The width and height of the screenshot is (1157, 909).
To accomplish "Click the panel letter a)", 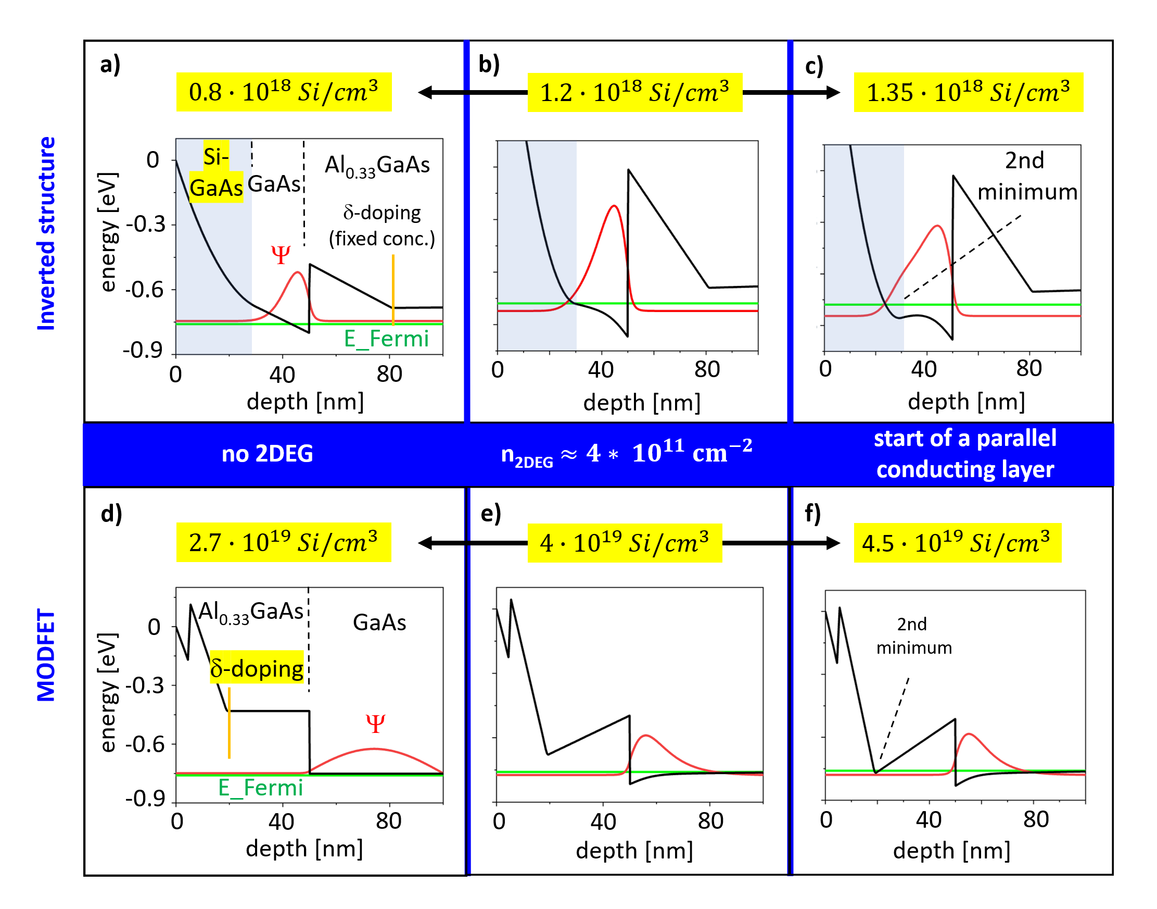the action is (110, 65).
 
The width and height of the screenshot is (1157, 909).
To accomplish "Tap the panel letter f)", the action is (812, 514).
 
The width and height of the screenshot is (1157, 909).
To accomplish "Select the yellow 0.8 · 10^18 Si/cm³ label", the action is (284, 92).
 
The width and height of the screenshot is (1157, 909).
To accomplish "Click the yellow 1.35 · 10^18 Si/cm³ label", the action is (968, 92).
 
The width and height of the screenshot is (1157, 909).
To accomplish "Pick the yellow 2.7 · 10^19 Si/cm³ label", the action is (284, 542).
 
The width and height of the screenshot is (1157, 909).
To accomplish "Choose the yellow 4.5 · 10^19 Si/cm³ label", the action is (957, 543).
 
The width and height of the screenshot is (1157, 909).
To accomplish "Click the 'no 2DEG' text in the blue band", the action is (267, 453).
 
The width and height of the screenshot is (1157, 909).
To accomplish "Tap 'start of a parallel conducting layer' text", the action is (965, 453).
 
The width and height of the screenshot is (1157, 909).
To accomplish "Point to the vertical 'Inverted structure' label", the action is (46, 233).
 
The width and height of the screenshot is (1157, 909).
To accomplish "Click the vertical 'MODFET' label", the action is (46, 655).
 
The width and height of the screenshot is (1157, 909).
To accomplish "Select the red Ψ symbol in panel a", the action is (281, 255).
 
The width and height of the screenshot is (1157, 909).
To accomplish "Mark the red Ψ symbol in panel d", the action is (375, 723).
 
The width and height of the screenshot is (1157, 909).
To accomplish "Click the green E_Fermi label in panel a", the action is (387, 339).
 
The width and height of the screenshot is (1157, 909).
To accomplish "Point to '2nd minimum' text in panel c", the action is (1026, 176).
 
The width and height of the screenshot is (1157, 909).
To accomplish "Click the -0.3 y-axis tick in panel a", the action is (145, 224).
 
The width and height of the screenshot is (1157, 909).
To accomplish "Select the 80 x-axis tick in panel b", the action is (707, 369).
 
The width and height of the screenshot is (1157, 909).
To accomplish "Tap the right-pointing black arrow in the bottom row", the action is (781, 543).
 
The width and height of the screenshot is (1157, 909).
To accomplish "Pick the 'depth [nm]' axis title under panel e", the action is (634, 851).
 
